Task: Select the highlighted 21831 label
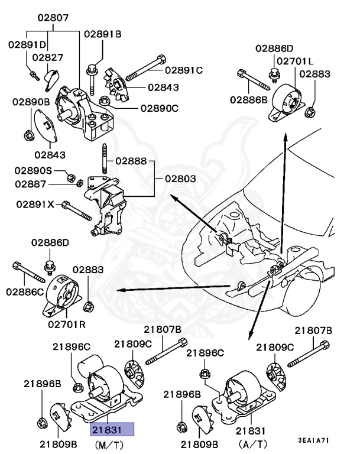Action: click(x=112, y=429)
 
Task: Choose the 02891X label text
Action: click(x=35, y=204)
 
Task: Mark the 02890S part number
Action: click(x=34, y=170)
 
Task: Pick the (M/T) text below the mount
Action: click(x=111, y=443)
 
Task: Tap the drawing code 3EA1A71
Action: click(x=314, y=440)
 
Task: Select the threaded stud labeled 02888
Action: click(x=104, y=160)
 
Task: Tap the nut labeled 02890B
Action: click(x=28, y=135)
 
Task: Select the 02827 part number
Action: click(x=47, y=57)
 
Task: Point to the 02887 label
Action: click(x=34, y=184)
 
